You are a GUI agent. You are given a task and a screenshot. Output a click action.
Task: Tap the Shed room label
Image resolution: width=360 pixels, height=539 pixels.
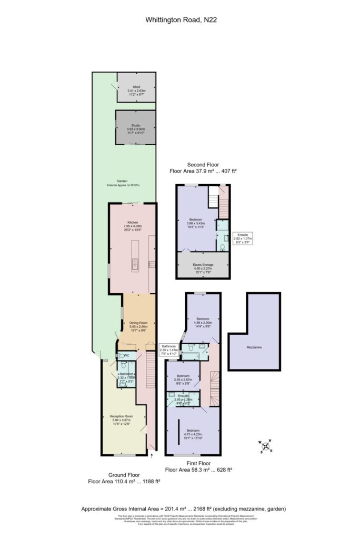pyautogui.click(x=136, y=86)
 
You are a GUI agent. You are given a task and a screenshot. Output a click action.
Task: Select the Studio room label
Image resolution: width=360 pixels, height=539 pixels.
pyautogui.click(x=136, y=125)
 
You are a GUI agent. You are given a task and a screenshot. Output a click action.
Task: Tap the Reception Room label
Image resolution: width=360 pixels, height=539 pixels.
pyautogui.click(x=121, y=416)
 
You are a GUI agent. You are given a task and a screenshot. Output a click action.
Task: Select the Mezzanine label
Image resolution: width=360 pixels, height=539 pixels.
pyautogui.click(x=254, y=348)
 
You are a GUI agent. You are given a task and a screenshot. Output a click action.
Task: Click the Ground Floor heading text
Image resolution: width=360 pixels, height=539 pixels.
pyautogui.click(x=123, y=474)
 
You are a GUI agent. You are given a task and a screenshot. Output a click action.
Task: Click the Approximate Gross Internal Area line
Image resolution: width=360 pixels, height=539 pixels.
pyautogui.click(x=180, y=509)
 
